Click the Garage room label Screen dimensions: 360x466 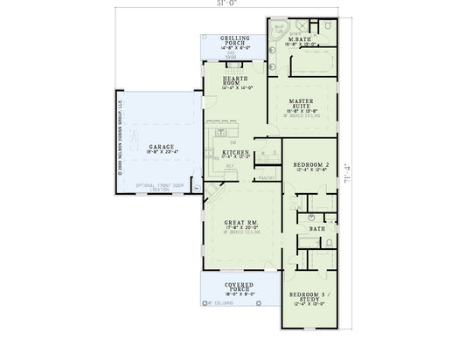coord(162,147)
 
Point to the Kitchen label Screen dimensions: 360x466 coord(236,152)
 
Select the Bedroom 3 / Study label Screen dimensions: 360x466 coord(311,297)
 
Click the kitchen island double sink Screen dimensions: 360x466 coord(217,129)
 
